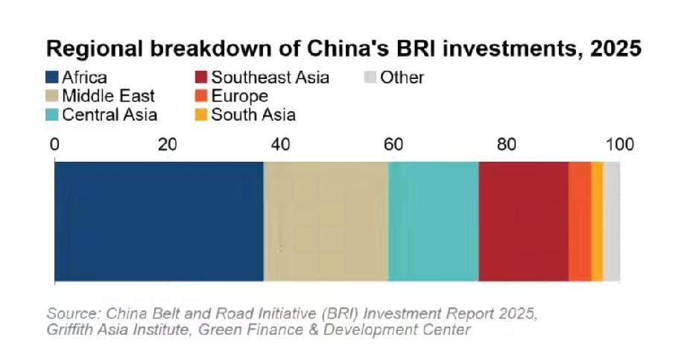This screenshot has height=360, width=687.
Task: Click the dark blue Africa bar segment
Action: [159, 221]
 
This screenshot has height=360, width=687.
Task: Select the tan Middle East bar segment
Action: [326, 221]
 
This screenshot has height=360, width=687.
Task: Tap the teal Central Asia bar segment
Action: [433, 221]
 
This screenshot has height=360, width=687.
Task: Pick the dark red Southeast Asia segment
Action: [523, 221]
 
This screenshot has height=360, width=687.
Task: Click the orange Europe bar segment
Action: [580, 221]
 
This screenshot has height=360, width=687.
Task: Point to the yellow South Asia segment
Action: [597, 221]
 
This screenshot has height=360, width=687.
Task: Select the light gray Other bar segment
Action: [612, 221]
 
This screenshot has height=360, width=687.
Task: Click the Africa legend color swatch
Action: [52, 78]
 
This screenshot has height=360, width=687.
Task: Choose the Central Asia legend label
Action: [110, 115]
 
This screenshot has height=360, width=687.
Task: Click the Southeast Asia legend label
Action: [270, 78]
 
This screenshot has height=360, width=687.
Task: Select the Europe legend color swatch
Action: [201, 96]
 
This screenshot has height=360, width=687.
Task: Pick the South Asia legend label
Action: [253, 115]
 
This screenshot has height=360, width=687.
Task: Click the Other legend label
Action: [402, 78]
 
